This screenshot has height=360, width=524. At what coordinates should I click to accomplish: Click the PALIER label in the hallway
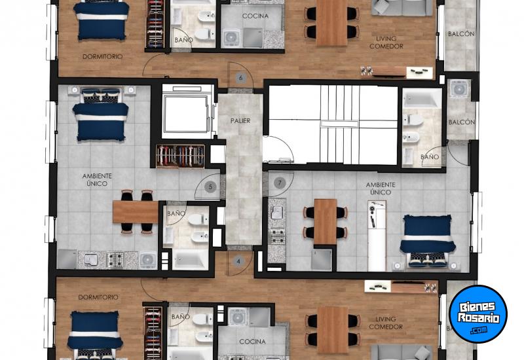[x=240, y=120]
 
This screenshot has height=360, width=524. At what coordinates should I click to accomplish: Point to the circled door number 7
[x=280, y=183]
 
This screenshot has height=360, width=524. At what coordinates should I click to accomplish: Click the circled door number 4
[x=239, y=261]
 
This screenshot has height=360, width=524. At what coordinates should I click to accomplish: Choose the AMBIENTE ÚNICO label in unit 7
[x=380, y=189]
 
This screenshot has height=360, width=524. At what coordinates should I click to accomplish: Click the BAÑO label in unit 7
[x=430, y=158]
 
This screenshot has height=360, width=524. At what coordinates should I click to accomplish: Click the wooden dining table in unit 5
[x=136, y=211]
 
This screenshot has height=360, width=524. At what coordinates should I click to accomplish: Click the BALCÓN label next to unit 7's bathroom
[x=461, y=122]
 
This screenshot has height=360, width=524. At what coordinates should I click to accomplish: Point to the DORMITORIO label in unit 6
[x=102, y=57]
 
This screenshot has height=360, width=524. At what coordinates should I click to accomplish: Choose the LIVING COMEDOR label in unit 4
[x=386, y=323]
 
